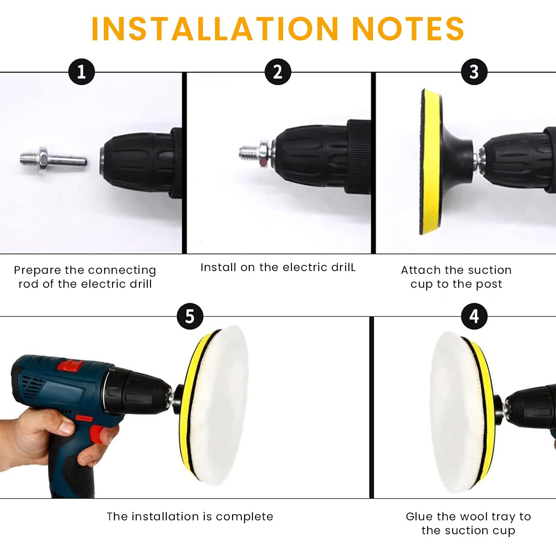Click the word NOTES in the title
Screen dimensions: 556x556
(x=408, y=29)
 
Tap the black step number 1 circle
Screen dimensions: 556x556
(x=82, y=71)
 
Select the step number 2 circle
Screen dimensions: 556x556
(x=278, y=71)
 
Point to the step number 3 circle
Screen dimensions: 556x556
(x=474, y=71)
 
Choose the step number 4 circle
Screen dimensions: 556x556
(x=474, y=316)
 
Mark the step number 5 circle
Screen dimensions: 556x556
(x=190, y=316)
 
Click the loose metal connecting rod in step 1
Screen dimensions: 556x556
(x=53, y=159)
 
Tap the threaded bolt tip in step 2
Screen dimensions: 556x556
(x=249, y=152)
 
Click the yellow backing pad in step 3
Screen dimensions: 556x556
(x=430, y=162)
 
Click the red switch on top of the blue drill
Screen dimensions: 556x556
(x=69, y=366)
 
